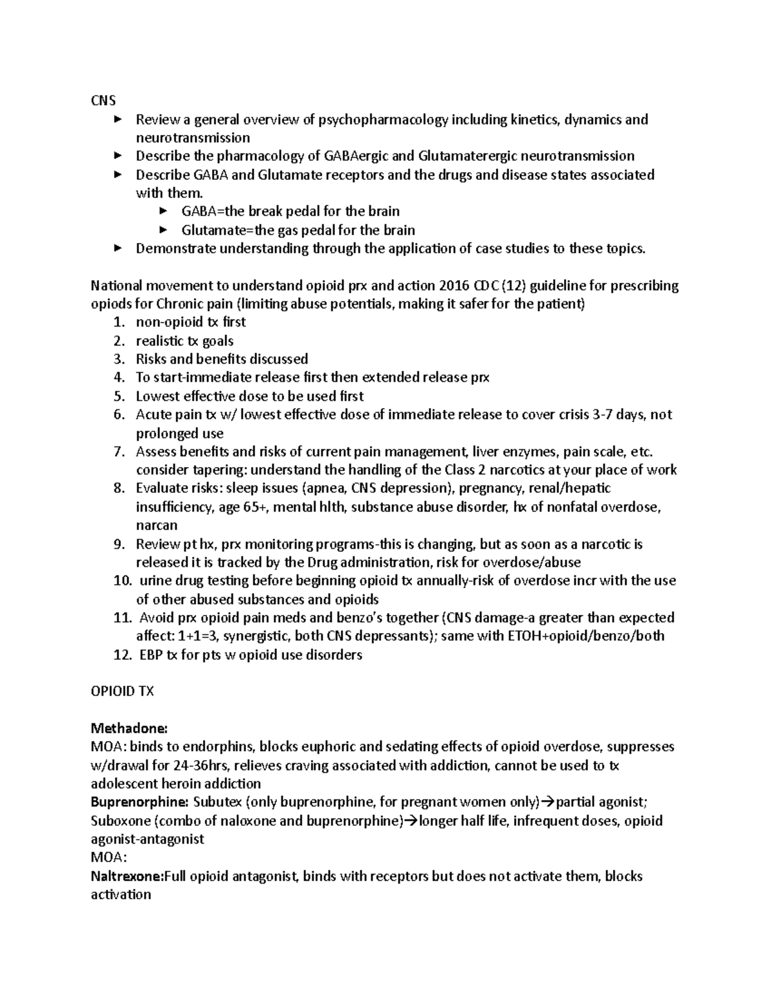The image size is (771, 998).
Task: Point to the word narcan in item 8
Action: coord(156,525)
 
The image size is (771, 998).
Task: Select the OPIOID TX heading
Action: coord(122,691)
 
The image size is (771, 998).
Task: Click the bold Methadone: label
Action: coord(129,728)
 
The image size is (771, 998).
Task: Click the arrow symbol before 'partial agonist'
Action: coord(548,802)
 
